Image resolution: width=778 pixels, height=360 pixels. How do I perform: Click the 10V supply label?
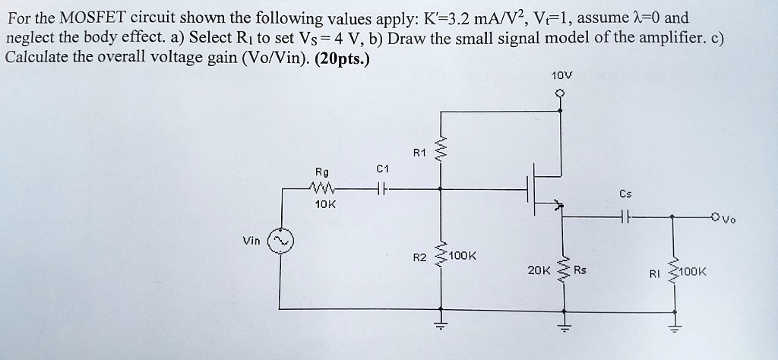tap(562, 76)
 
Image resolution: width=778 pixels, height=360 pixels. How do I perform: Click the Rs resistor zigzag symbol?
tap(564, 270)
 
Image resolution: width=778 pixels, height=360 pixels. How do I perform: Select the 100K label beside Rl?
tap(692, 271)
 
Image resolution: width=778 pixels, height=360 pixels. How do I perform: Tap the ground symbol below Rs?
tap(564, 325)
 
